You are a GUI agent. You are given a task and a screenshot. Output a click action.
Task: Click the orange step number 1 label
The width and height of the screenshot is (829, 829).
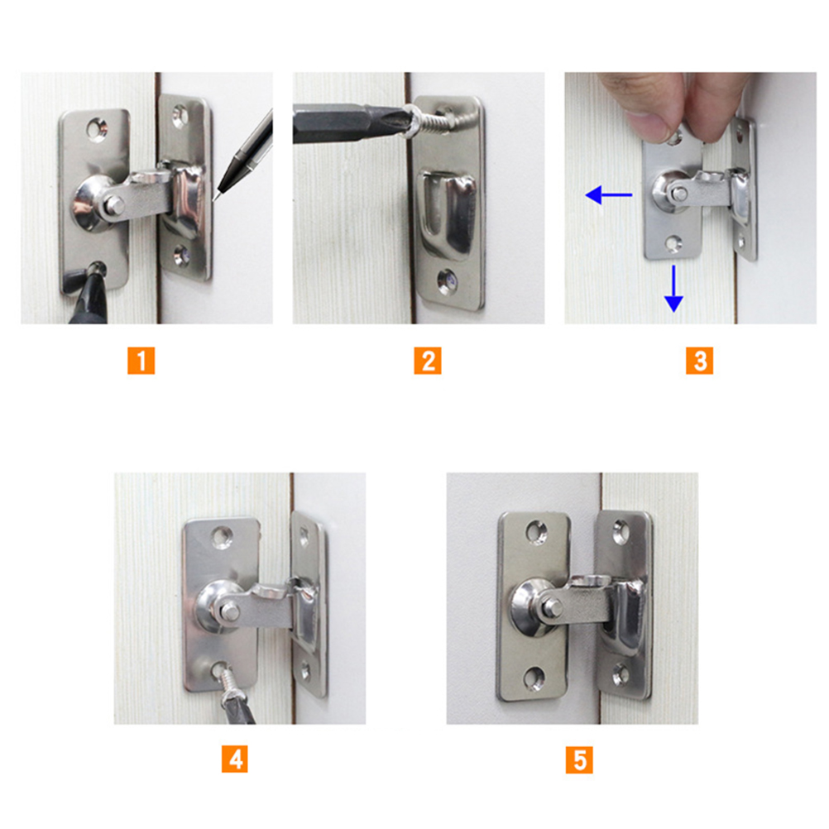point(141,361)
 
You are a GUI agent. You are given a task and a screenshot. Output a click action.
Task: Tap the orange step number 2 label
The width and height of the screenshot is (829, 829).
point(428,361)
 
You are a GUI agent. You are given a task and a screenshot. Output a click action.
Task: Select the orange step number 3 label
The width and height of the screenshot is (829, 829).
point(699,361)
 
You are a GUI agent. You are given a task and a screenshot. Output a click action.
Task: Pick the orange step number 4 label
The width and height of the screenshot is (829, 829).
point(235,760)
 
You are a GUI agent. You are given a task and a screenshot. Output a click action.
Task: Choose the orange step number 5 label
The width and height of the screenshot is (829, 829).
point(579,760)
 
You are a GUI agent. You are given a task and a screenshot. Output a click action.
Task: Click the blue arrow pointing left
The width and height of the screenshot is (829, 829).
point(609,195)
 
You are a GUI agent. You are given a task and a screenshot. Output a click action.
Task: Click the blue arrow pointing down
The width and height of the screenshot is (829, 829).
point(673,289)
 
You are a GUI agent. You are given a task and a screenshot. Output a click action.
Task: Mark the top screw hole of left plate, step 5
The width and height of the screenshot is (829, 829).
point(536,534)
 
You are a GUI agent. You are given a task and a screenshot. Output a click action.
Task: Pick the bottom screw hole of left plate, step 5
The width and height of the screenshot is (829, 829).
point(534,679)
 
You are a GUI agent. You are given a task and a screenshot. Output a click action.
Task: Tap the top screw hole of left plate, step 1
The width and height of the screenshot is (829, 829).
point(97,128)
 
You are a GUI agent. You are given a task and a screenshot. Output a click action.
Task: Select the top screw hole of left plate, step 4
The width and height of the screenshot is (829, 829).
point(222,537)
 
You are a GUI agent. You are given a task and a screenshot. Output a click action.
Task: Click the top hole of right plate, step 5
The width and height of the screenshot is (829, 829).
point(621,532)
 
